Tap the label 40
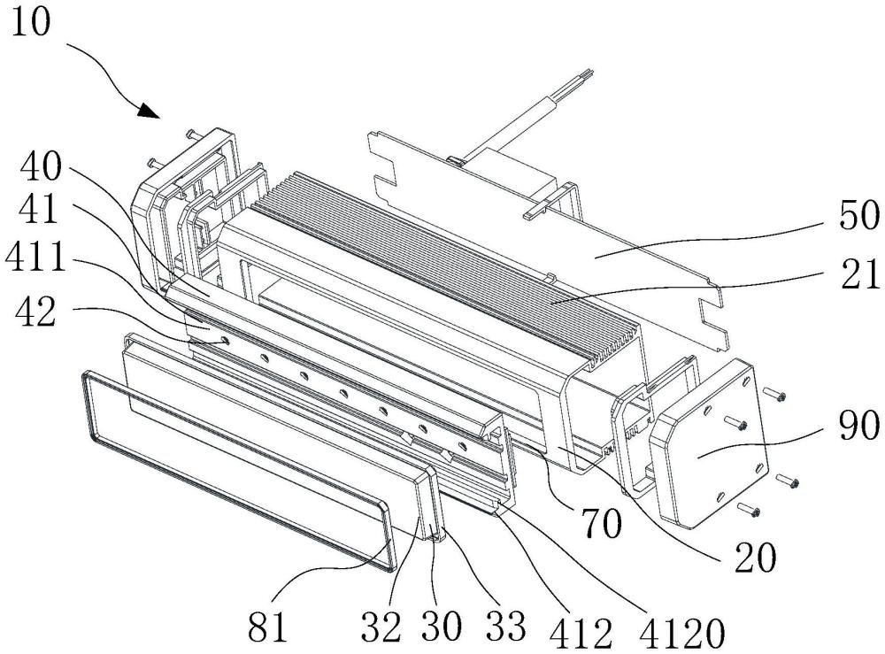click(40, 166)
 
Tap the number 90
click(859, 426)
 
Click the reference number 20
click(755, 558)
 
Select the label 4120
click(681, 633)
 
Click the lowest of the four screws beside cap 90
click(750, 512)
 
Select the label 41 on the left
click(39, 211)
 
